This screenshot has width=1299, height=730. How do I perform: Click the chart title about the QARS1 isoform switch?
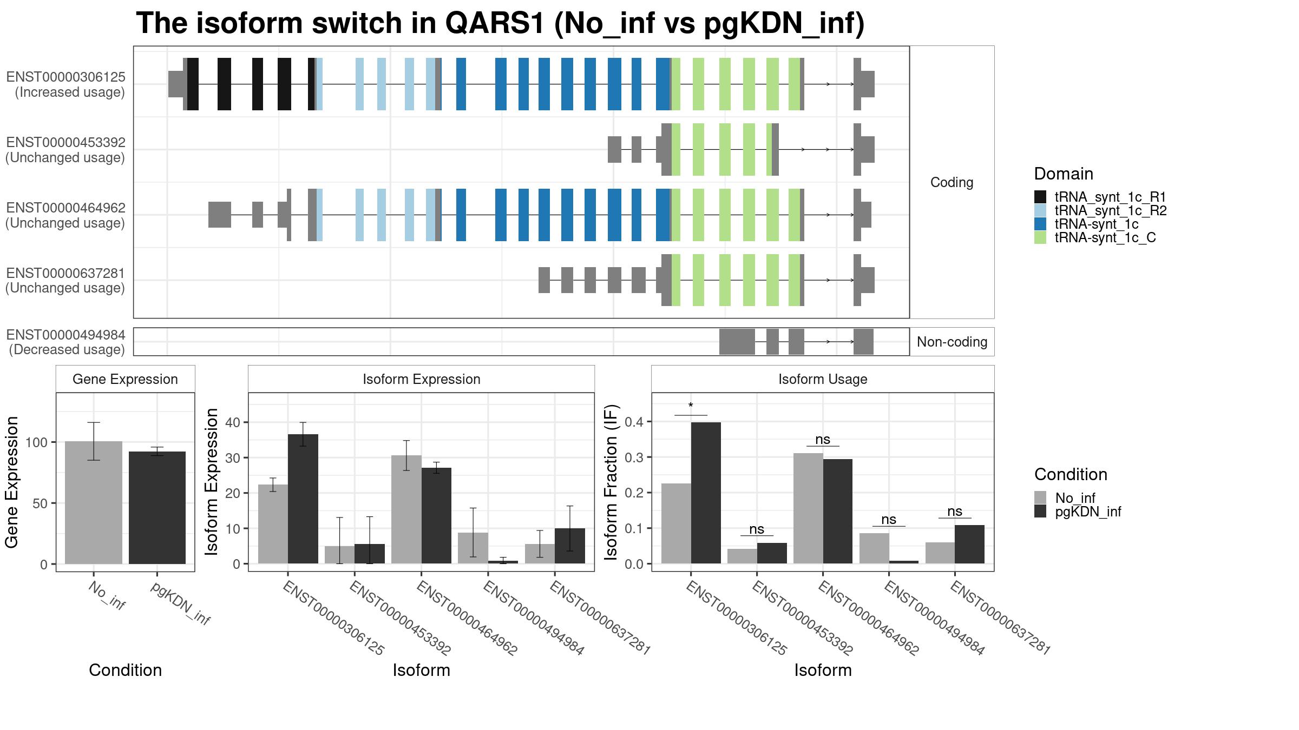pos(500,24)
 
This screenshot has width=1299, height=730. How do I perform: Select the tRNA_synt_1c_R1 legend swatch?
pos(1040,197)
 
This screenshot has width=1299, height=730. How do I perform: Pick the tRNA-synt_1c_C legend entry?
pos(1094,238)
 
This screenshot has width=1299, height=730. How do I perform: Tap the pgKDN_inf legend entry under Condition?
pos(1078,512)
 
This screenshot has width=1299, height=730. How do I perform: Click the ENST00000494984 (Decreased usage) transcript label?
pos(65,342)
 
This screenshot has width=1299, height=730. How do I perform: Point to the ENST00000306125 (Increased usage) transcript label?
pos(65,85)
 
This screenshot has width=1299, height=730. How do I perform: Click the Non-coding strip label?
pos(952,342)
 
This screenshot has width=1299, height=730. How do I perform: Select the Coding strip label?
pos(952,183)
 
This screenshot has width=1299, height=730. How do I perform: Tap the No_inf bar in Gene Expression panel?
pos(94,503)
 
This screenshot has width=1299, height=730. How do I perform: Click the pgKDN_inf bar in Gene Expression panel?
pos(157,508)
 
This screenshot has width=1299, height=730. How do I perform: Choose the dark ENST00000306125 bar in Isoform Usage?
pos(706,493)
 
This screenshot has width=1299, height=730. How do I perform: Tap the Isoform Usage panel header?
pos(823,379)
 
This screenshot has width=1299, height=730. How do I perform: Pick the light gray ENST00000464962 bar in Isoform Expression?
pos(406,509)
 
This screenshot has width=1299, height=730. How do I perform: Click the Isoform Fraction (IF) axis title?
pos(612,482)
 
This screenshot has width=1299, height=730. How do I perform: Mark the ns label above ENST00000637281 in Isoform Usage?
pos(955,512)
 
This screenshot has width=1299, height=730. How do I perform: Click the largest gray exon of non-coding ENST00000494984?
pos(737,342)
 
